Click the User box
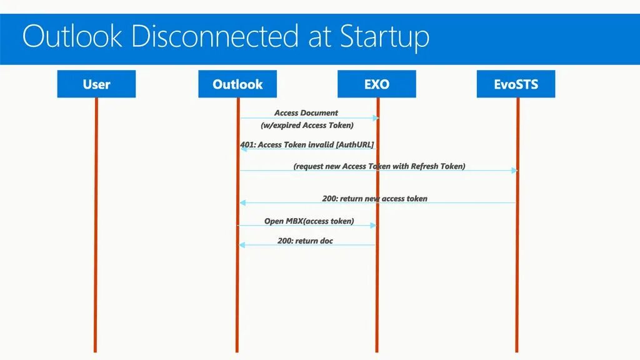[x=96, y=84]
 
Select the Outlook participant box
[x=237, y=84]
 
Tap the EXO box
[x=376, y=84]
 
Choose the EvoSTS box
[x=516, y=84]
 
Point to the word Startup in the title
[x=385, y=37]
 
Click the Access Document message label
[x=306, y=113]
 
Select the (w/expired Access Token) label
[x=307, y=125]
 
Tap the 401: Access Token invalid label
[x=307, y=145]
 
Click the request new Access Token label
[x=379, y=167]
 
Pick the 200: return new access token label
[x=375, y=199]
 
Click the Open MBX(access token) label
[x=309, y=221]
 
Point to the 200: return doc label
[x=305, y=241]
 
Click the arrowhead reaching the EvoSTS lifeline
[x=514, y=171]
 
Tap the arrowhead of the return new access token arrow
[x=242, y=202]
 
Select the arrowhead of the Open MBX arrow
[x=374, y=226]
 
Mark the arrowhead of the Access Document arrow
[x=375, y=117]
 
